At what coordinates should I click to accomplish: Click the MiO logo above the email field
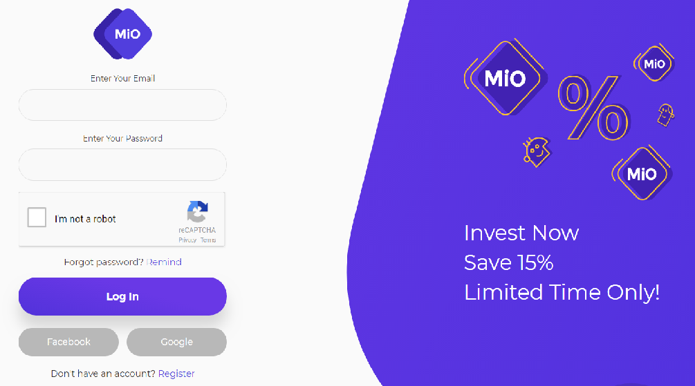pyautogui.click(x=123, y=34)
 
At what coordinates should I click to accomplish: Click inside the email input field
pyautogui.click(x=123, y=105)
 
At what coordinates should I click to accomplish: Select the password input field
pyautogui.click(x=123, y=164)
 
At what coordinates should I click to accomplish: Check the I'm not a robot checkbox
pyautogui.click(x=37, y=218)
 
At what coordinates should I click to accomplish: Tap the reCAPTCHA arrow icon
pyautogui.click(x=197, y=211)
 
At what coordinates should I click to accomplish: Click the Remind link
pyautogui.click(x=164, y=262)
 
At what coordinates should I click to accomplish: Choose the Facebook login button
pyautogui.click(x=68, y=342)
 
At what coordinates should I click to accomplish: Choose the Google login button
pyautogui.click(x=176, y=342)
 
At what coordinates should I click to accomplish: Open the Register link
pyautogui.click(x=176, y=374)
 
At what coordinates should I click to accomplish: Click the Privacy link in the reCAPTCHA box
pyautogui.click(x=187, y=240)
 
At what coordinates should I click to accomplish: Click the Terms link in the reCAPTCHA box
pyautogui.click(x=208, y=240)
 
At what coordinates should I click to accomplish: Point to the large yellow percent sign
pyautogui.click(x=593, y=108)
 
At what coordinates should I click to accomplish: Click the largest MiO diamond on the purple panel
pyautogui.click(x=506, y=78)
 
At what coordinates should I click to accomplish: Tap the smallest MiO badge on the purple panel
pyautogui.click(x=654, y=64)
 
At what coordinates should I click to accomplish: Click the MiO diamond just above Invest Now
pyautogui.click(x=642, y=173)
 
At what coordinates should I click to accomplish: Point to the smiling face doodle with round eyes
pyautogui.click(x=537, y=151)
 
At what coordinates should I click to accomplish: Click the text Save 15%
pyautogui.click(x=508, y=263)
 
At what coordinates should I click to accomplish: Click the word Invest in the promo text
pyautogui.click(x=494, y=233)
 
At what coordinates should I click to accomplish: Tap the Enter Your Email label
pyautogui.click(x=123, y=78)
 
